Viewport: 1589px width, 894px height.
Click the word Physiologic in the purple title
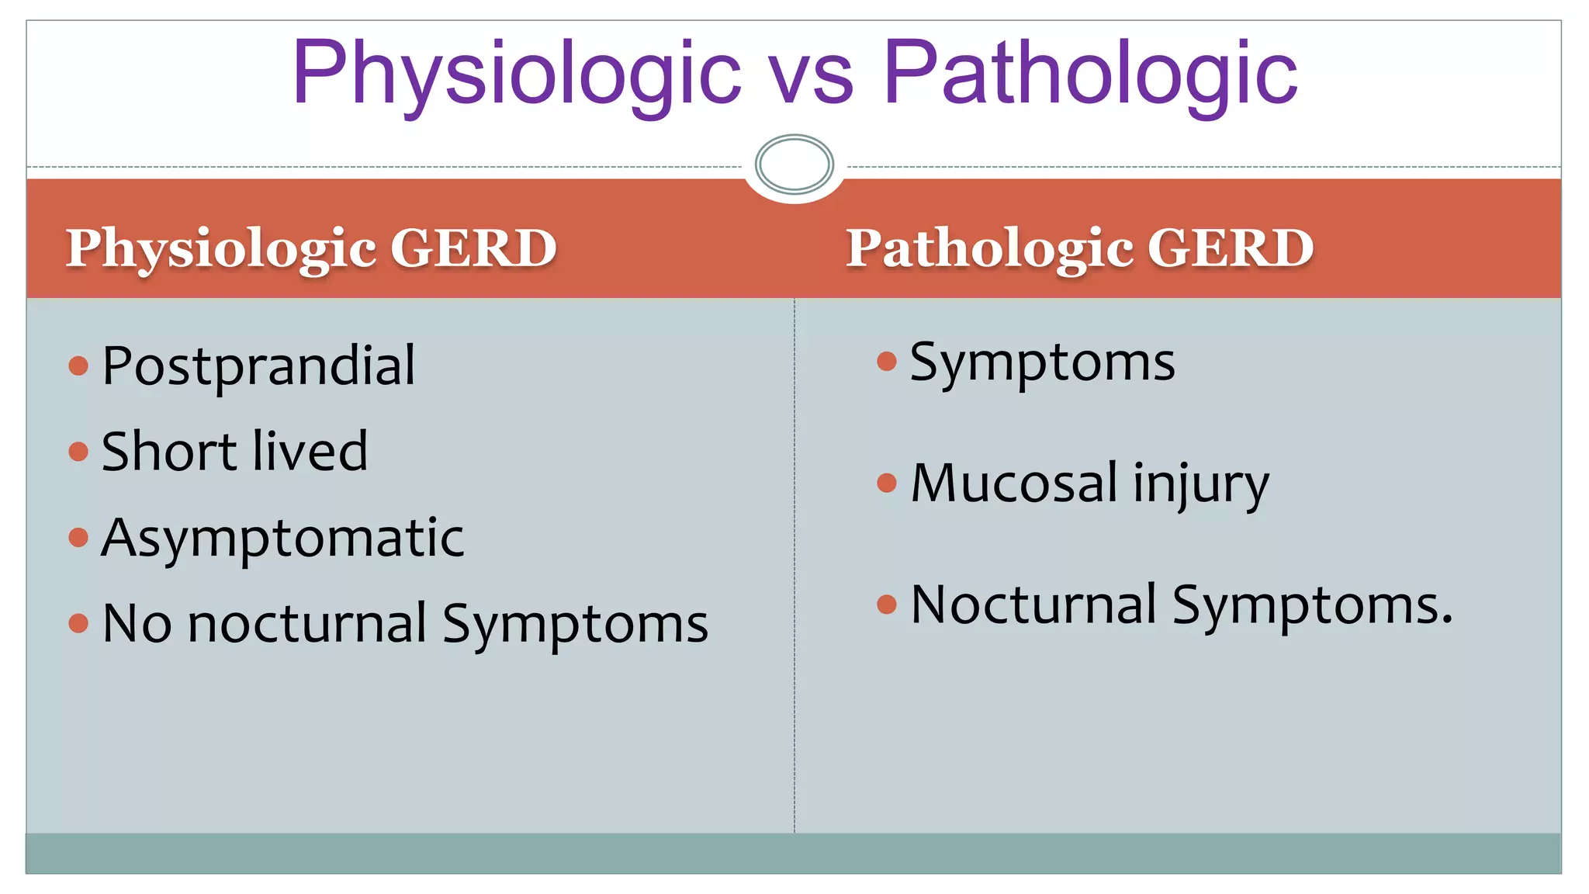[516, 74]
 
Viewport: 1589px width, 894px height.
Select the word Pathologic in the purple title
[1090, 74]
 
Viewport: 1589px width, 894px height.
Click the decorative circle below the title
[794, 164]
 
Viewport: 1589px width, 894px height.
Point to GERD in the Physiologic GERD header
[473, 248]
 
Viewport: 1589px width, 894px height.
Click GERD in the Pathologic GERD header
[1231, 248]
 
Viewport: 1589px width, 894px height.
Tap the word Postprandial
[258, 366]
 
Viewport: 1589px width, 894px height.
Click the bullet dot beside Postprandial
[78, 366]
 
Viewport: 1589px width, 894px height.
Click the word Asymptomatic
[282, 539]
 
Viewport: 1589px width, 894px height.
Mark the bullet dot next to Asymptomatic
[78, 537]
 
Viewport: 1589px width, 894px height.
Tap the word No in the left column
[137, 624]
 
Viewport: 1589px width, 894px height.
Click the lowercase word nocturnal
[307, 624]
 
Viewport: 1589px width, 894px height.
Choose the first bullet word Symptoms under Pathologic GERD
[1042, 363]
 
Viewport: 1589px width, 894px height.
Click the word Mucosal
[1014, 483]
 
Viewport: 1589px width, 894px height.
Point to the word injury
[1200, 485]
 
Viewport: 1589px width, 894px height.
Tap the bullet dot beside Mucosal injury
[886, 483]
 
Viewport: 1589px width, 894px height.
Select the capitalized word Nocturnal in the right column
[1033, 605]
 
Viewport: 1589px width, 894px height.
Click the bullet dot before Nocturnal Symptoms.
[886, 605]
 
